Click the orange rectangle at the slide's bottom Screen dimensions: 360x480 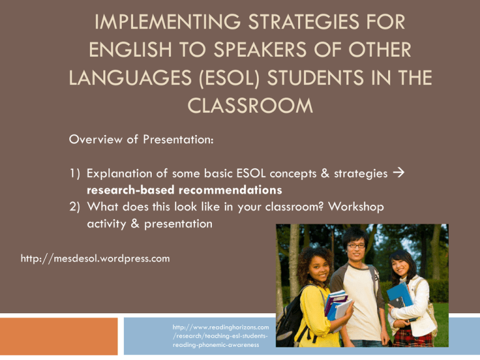pyautogui.click(x=59, y=336)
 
